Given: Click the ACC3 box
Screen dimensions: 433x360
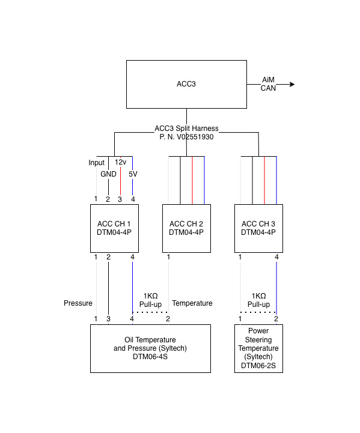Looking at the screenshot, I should click(x=186, y=84).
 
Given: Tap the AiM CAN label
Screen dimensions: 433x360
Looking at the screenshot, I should click(x=268, y=84).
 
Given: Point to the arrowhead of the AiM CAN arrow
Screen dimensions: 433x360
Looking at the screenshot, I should click(x=292, y=84).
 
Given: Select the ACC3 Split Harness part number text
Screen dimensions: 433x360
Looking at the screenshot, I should click(x=186, y=136).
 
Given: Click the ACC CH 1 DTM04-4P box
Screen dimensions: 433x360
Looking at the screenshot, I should click(x=114, y=228).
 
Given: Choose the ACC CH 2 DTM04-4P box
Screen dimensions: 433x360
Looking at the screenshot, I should click(x=186, y=228).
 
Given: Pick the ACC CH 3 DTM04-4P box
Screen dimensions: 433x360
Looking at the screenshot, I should click(x=258, y=228).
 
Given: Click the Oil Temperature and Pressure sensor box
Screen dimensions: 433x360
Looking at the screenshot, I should click(x=150, y=348).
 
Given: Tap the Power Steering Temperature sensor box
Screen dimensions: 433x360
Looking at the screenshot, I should click(x=258, y=348).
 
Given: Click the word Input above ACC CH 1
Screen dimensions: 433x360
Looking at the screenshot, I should click(x=96, y=163).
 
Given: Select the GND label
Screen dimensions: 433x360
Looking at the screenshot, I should click(x=108, y=174).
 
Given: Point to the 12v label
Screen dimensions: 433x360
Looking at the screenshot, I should click(x=121, y=162).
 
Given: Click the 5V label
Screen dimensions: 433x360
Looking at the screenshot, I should click(x=133, y=174).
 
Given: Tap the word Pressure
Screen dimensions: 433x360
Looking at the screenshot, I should click(x=78, y=303).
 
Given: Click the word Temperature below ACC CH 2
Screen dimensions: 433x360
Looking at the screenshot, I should click(x=192, y=303).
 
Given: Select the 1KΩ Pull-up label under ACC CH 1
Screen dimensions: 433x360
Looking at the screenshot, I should click(x=150, y=300).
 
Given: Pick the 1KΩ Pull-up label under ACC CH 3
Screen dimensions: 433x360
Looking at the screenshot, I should click(x=258, y=300).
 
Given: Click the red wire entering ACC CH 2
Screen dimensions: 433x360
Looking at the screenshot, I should click(x=192, y=180).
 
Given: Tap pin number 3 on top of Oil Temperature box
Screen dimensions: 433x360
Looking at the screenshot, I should click(x=108, y=319).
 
